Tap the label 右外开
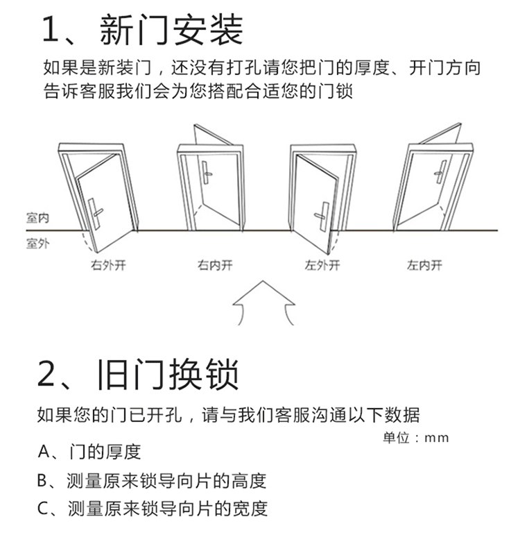(108, 265)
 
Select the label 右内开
(214, 265)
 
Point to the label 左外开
(323, 265)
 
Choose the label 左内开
(425, 265)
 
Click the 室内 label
(37, 219)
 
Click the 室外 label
(37, 244)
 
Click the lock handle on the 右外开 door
(96, 209)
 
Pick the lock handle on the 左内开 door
(440, 171)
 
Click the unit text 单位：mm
(416, 437)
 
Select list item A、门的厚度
(89, 452)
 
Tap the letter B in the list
(43, 480)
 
